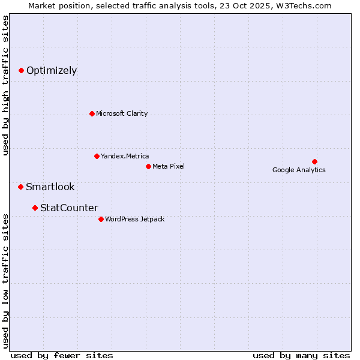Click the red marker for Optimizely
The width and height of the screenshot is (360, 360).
pos(21,71)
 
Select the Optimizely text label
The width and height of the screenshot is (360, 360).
pos(52,71)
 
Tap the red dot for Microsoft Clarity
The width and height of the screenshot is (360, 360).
pos(92,113)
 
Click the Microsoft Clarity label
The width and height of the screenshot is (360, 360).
pos(122,113)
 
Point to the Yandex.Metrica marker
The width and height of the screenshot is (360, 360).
pos(97,156)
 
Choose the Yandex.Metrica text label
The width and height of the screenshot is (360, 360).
pos(125,156)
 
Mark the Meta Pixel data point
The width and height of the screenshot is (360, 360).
pos(148,166)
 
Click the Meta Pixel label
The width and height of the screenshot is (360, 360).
pos(169,166)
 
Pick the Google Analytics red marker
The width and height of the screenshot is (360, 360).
pos(314,161)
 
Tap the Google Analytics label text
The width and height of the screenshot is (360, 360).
pos(299,170)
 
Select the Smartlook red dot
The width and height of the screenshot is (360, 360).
pos(20,187)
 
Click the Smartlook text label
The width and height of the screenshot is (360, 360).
pos(50,187)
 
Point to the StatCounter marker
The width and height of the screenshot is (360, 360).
pos(35,208)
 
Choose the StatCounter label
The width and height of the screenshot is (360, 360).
pos(69,208)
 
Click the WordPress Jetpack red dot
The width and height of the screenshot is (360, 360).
pos(101,219)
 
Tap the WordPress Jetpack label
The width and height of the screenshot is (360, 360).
pos(134,219)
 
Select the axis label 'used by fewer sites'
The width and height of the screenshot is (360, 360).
pos(62,355)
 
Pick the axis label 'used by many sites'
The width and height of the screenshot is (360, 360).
pos(301,355)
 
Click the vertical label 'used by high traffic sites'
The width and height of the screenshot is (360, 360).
pos(6,85)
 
